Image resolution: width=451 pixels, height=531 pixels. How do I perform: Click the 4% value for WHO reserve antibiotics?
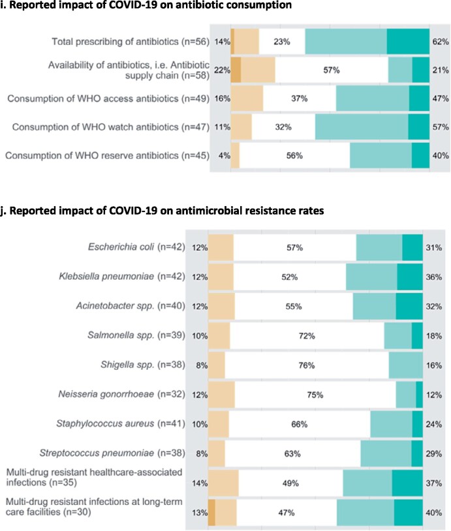pos(223,174)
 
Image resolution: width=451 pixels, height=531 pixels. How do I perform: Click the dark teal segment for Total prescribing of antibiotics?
pos(408,42)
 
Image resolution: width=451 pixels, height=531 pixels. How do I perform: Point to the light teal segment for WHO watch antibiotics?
pos(362,127)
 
